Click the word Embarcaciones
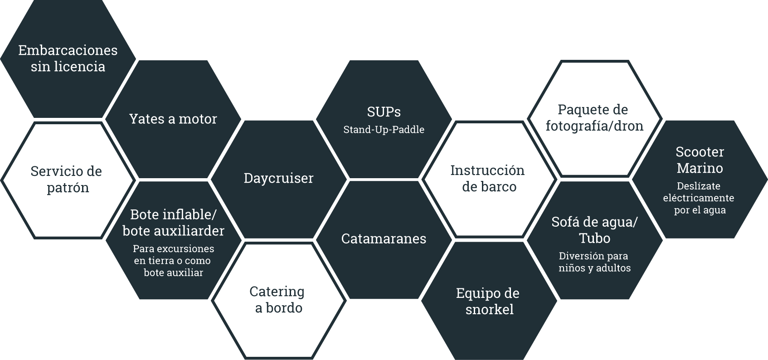click(68, 50)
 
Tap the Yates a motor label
click(173, 119)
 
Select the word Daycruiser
click(278, 178)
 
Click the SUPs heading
click(384, 112)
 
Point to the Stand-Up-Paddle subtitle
click(384, 130)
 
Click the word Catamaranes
click(384, 238)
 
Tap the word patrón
click(68, 188)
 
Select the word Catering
click(277, 292)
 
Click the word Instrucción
click(487, 170)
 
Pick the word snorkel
click(489, 309)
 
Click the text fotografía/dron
click(594, 126)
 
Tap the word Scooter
click(700, 152)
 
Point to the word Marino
click(700, 168)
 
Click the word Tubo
click(594, 238)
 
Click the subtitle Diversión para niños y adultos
click(594, 262)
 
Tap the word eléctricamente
click(698, 198)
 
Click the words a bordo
click(278, 308)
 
